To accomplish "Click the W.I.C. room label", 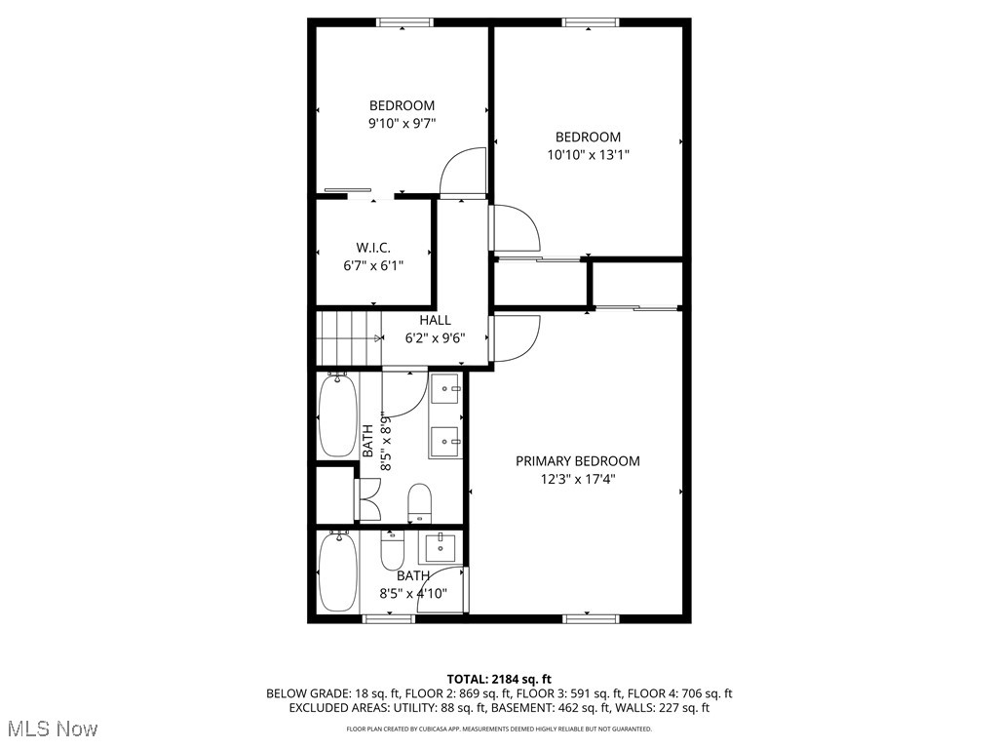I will [373, 248].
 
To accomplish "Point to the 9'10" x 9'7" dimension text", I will [402, 124].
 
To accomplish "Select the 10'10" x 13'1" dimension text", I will [588, 154].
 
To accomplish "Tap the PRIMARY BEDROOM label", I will [578, 461].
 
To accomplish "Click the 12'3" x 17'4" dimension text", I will [578, 479].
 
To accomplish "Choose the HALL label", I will [435, 320].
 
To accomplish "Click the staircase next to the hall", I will [348, 336].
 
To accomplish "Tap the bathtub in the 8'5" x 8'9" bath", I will [337, 415].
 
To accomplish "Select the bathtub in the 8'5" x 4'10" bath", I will [338, 572].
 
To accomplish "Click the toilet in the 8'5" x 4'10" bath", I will [392, 552].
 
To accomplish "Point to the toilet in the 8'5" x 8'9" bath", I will [419, 501].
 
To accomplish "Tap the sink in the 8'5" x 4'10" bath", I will [441, 547].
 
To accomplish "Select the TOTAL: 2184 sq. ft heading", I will [499, 679].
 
